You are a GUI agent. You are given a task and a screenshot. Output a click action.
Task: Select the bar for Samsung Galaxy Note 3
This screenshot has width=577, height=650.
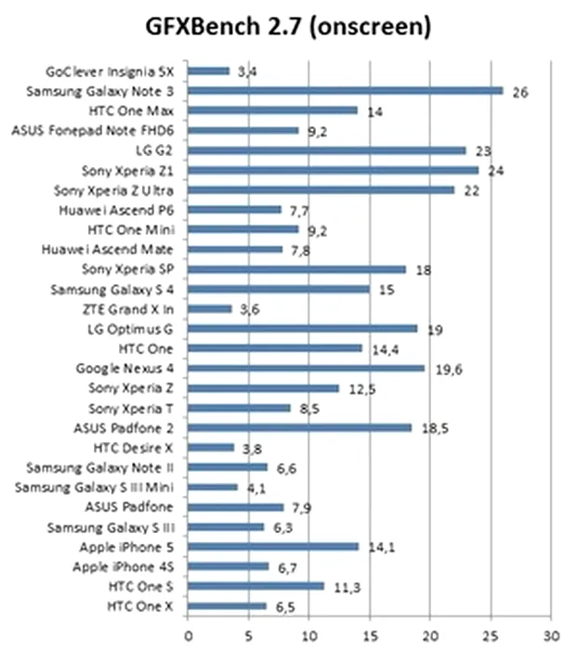tap(346, 90)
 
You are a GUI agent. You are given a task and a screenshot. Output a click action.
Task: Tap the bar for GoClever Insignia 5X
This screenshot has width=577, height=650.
tap(209, 71)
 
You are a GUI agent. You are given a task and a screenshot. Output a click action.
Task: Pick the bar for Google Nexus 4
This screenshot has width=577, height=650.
tap(307, 368)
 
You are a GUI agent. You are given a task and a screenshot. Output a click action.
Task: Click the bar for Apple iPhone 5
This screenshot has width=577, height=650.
tap(273, 546)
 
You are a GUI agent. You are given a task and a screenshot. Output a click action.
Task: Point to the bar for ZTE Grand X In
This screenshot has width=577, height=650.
tap(210, 308)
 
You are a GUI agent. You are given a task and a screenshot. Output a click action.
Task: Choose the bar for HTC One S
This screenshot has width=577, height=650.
tap(256, 586)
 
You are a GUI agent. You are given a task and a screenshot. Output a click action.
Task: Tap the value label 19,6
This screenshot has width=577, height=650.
tap(449, 369)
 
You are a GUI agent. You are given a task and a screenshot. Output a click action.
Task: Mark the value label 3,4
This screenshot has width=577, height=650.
tap(246, 71)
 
